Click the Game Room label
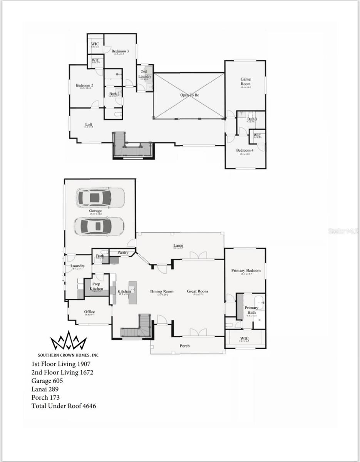(x=245, y=82)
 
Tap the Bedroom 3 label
(x=120, y=51)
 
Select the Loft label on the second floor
(x=89, y=124)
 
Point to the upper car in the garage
(x=100, y=198)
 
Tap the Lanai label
(x=178, y=246)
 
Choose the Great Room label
(x=197, y=291)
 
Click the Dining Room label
(x=162, y=291)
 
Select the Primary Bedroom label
(x=246, y=271)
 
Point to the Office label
(x=89, y=312)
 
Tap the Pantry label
(x=123, y=253)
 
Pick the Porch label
(x=185, y=346)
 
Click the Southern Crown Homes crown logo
(x=69, y=341)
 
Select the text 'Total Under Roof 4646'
(x=64, y=406)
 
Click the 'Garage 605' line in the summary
(x=47, y=381)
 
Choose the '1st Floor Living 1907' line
(x=61, y=364)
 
